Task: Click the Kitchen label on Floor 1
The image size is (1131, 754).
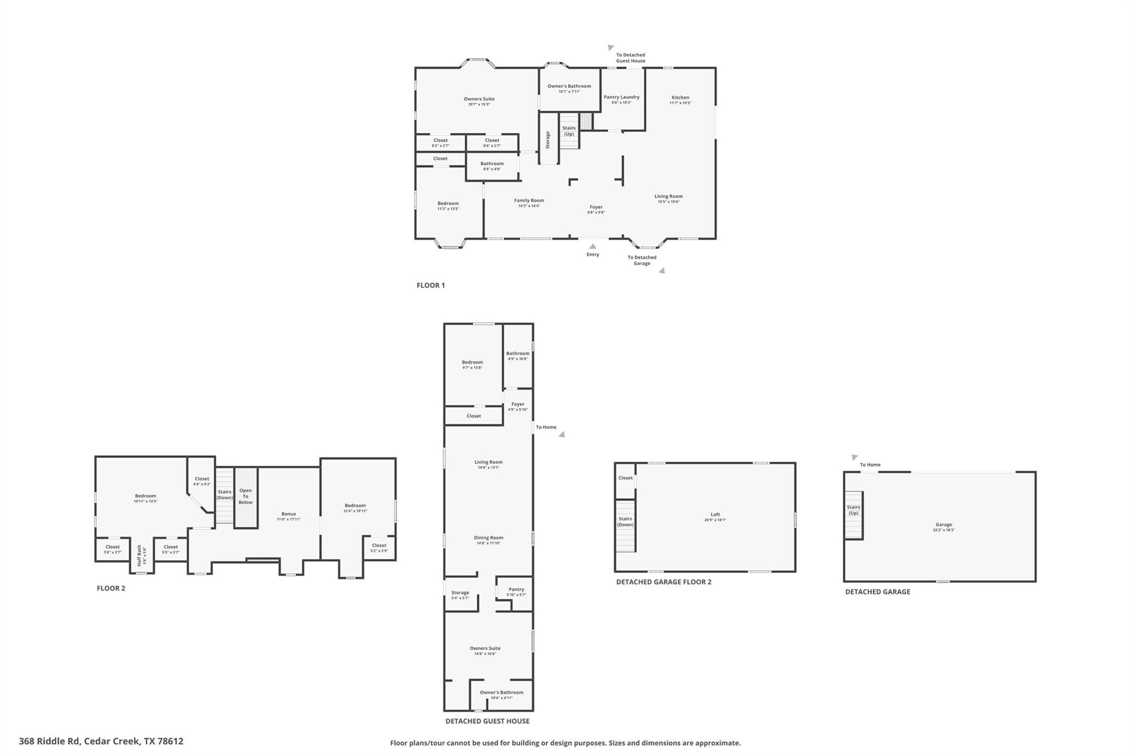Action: coord(680,98)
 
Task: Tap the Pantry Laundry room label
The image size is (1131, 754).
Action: coord(621,97)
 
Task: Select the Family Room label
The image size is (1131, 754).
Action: coord(529,201)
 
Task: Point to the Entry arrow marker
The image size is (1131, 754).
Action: coord(593,246)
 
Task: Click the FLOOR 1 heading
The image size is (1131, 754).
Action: coord(430,286)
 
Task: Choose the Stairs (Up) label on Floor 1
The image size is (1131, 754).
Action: coord(569,131)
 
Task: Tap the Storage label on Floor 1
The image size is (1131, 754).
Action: coord(548,140)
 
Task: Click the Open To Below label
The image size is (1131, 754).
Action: coord(246,496)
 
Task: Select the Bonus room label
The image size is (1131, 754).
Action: coord(288,514)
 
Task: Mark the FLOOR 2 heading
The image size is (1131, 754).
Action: coord(111,588)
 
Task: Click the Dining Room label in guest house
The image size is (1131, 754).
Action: coord(489,538)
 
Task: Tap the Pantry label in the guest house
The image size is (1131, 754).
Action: coord(516,589)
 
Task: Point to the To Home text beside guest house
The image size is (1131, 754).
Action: coord(546,427)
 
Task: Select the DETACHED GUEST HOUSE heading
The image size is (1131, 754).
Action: coord(487,721)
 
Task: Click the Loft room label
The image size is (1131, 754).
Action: coord(715,514)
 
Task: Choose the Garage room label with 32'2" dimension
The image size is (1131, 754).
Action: coord(944,525)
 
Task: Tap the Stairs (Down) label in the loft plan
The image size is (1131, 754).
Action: coord(625,521)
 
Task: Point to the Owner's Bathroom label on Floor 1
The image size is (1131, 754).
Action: coord(569,86)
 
